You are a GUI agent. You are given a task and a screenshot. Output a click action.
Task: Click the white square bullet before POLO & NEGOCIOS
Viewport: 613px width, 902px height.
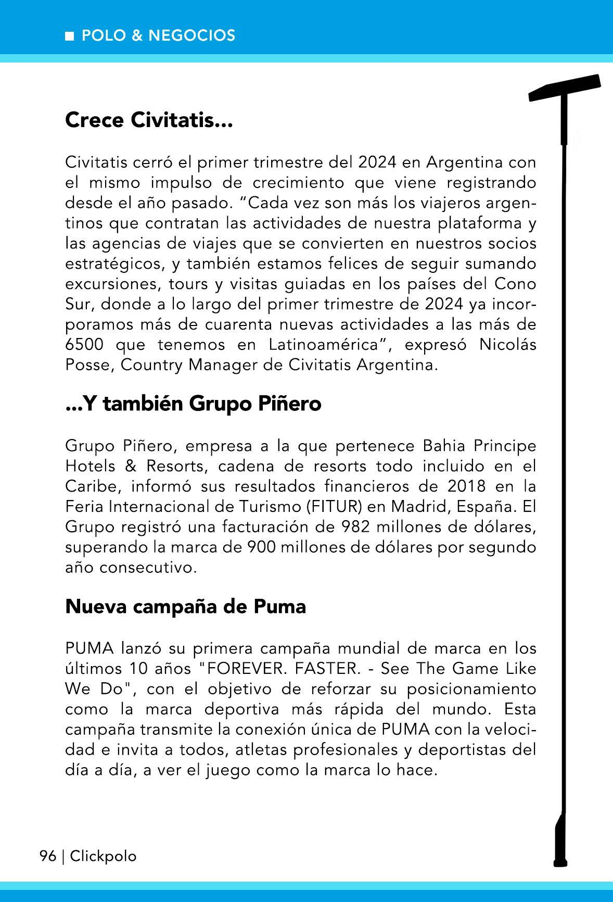69,36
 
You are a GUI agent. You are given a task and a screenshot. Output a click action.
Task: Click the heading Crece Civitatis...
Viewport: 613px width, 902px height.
148,120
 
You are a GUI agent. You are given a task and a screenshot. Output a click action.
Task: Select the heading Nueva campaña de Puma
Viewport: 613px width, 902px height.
185,606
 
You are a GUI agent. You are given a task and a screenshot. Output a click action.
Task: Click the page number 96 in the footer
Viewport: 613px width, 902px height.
48,856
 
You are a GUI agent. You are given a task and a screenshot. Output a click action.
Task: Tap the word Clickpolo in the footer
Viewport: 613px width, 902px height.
103,856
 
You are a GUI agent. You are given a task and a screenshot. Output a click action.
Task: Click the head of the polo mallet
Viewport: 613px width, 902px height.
565,87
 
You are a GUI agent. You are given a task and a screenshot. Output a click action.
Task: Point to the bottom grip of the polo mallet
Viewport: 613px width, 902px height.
560,838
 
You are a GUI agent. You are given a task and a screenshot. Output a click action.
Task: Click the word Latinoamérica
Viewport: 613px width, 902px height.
330,345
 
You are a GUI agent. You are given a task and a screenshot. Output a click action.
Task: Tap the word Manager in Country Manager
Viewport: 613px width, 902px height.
224,365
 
